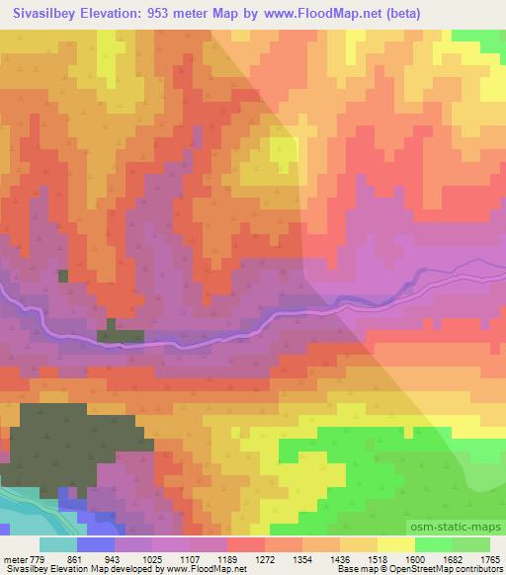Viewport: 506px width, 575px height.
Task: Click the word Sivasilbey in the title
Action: point(49,13)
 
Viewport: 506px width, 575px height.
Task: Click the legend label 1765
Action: point(489,558)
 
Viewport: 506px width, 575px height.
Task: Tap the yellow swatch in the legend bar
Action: point(394,544)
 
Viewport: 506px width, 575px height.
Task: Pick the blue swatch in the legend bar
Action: point(95,544)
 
